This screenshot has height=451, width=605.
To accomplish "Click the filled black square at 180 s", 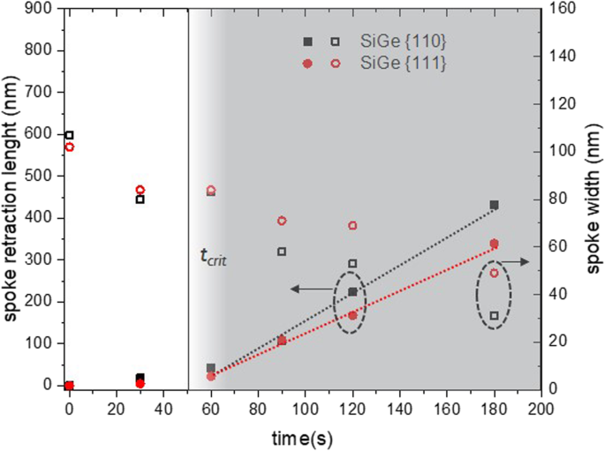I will point(494,205).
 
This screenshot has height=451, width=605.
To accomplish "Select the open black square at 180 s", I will point(494,315).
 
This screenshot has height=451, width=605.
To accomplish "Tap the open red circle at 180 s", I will point(494,273).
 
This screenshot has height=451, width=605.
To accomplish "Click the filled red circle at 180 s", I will point(494,244).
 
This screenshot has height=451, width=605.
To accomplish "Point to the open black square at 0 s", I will point(70,135).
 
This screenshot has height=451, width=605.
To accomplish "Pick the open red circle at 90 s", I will point(282,221).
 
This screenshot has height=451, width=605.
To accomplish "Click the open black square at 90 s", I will point(282,252).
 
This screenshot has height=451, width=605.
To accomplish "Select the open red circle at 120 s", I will point(352,225).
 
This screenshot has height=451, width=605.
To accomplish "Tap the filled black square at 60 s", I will point(211,368).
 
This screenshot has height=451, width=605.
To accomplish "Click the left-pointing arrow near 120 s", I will point(309,289).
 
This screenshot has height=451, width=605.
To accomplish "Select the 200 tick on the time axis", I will point(541,409).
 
